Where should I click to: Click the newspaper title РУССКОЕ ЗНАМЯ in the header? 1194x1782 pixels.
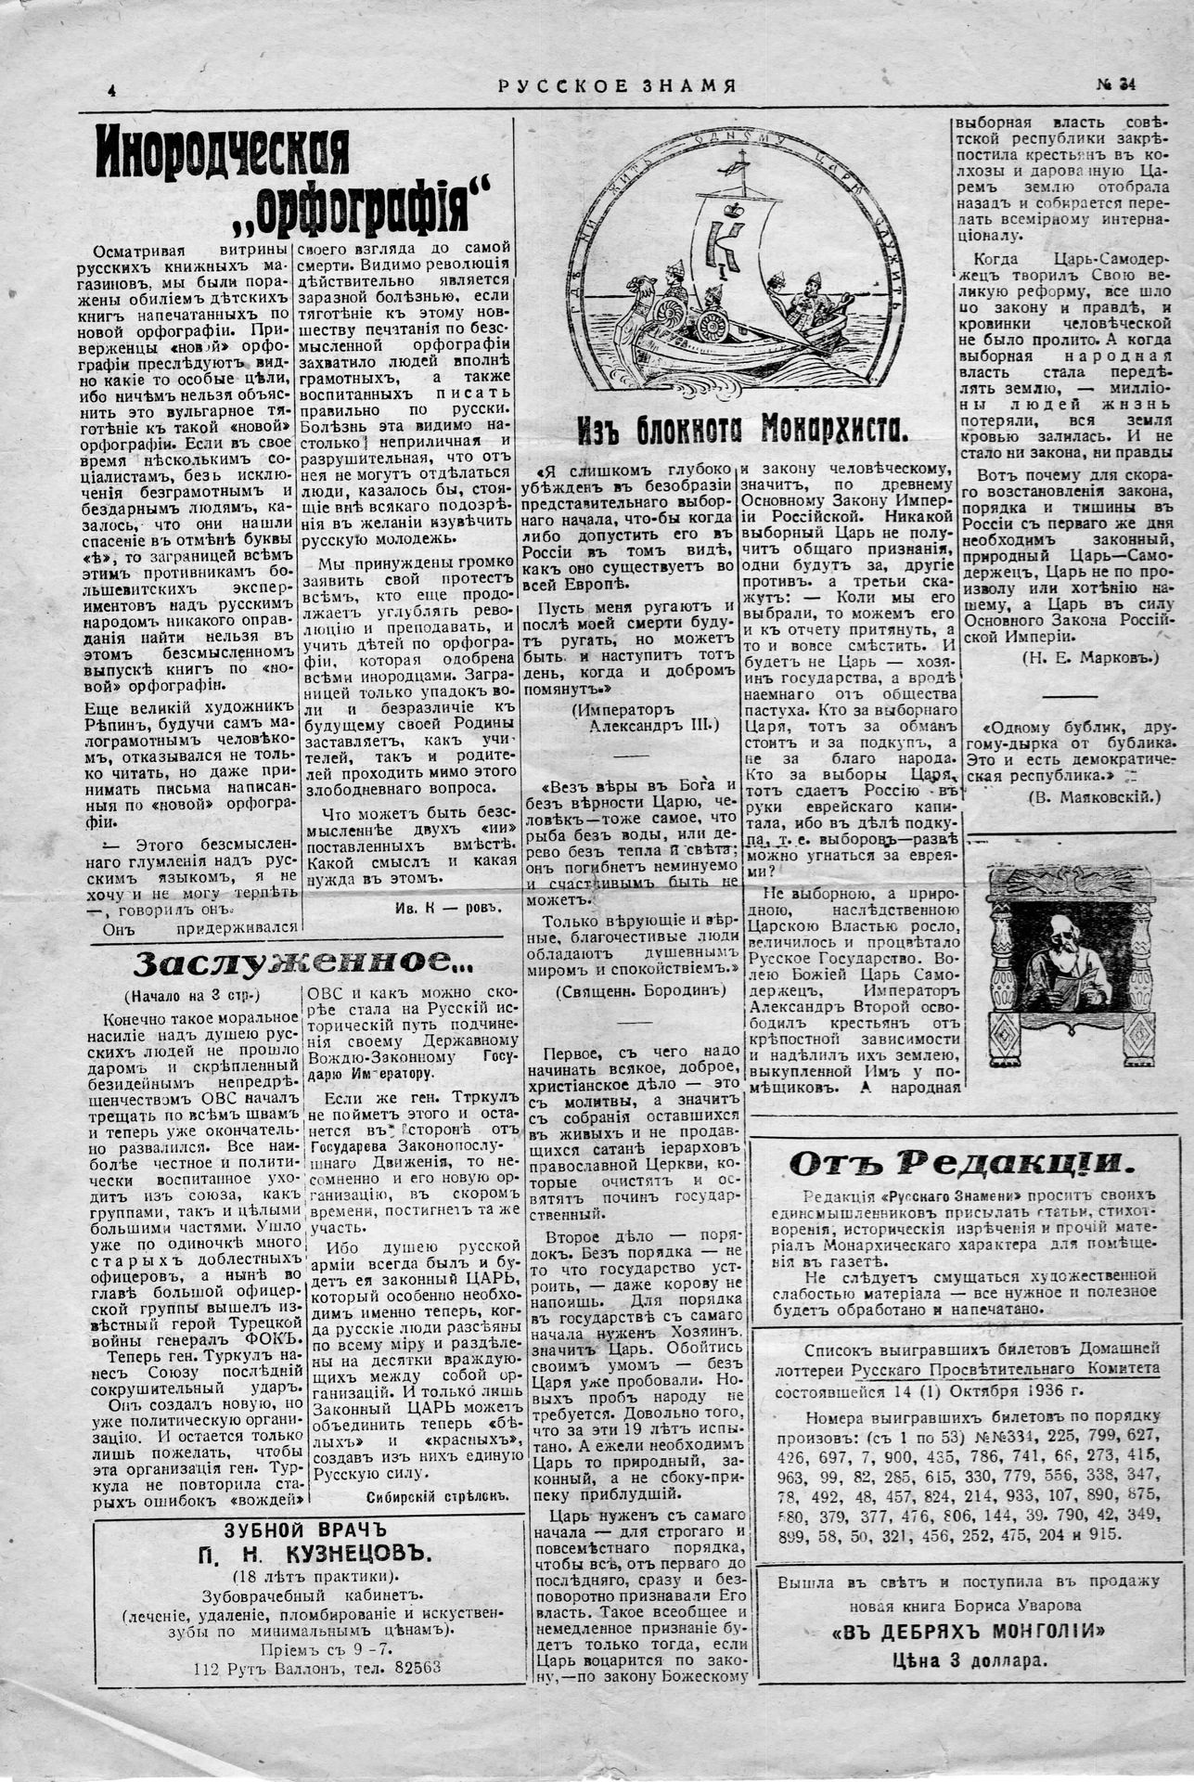617,86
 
